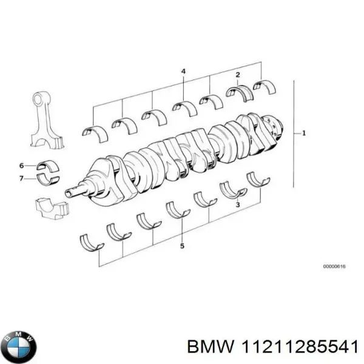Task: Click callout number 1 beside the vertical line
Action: click(x=304, y=133)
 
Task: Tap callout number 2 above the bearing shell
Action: click(x=238, y=75)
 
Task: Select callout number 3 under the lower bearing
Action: click(x=238, y=204)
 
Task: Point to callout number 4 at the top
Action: click(x=183, y=71)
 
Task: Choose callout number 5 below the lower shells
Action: click(x=182, y=246)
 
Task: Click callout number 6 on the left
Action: click(x=21, y=166)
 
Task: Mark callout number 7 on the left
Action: click(x=21, y=178)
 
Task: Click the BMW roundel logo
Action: click(x=20, y=347)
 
